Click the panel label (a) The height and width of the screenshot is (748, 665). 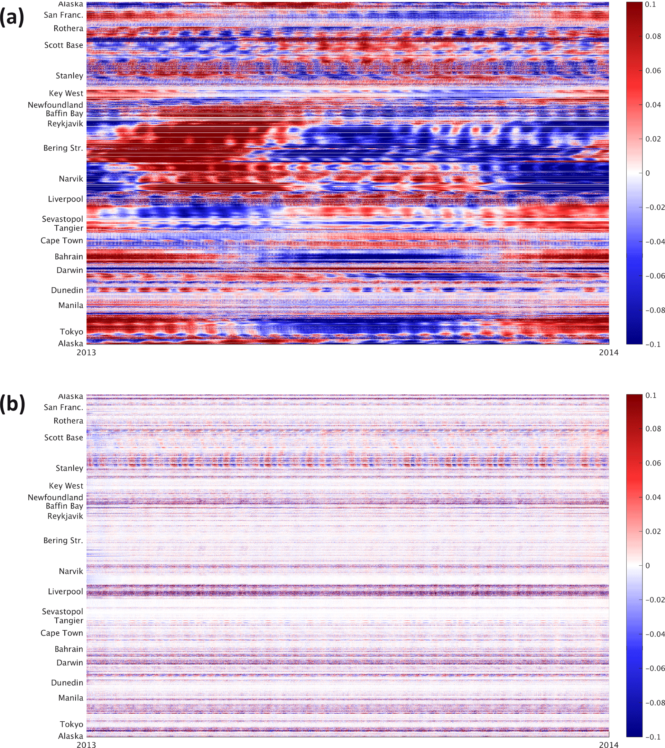tap(12, 17)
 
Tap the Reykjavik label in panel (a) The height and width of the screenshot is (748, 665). tap(65, 124)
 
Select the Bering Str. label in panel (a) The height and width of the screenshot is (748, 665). tap(63, 148)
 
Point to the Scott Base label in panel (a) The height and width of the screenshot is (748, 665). tap(64, 45)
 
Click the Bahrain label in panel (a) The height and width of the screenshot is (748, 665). tap(69, 257)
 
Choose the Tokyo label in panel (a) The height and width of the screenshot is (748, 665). tap(71, 332)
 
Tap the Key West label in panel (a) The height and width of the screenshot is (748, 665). tap(66, 93)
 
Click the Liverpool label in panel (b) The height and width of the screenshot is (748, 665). tap(65, 592)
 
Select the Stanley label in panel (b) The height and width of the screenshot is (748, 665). tap(69, 468)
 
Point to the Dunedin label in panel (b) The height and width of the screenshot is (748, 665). tap(67, 682)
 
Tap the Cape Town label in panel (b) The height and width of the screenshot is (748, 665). tap(61, 633)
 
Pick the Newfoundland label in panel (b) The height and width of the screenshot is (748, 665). tap(55, 497)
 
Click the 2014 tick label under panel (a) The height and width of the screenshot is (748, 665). tap(609, 352)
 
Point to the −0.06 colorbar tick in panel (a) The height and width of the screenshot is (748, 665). tap(654, 276)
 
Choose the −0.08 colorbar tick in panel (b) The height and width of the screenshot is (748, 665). tap(654, 703)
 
